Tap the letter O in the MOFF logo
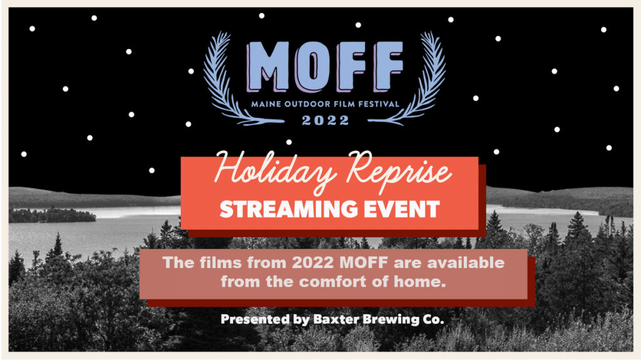click(314, 66)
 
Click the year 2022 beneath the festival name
click(326, 120)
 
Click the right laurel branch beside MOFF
click(417, 80)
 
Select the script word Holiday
click(275, 171)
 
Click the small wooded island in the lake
click(53, 215)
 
